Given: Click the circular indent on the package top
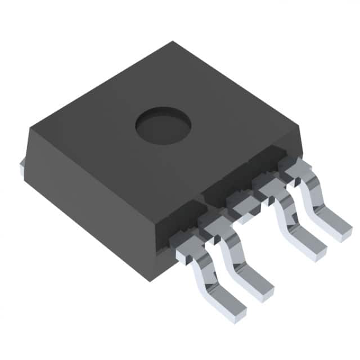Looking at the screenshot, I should [x=163, y=125].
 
